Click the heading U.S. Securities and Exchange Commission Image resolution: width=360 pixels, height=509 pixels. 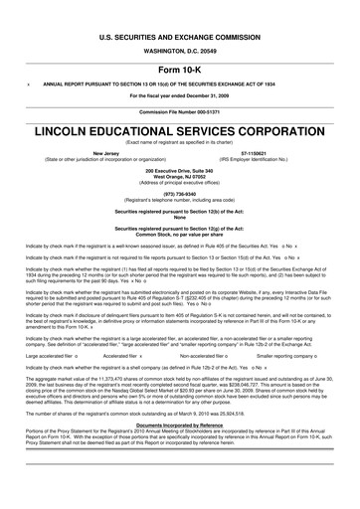[180, 34]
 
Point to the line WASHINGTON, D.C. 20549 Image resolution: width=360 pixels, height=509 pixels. [180, 49]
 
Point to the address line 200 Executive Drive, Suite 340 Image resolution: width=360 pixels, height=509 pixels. [180, 170]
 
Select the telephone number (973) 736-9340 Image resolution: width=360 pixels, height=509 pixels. [180, 193]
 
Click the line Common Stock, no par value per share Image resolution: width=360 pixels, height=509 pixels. [180, 233]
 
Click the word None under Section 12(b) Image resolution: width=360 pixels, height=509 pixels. [180, 217]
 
